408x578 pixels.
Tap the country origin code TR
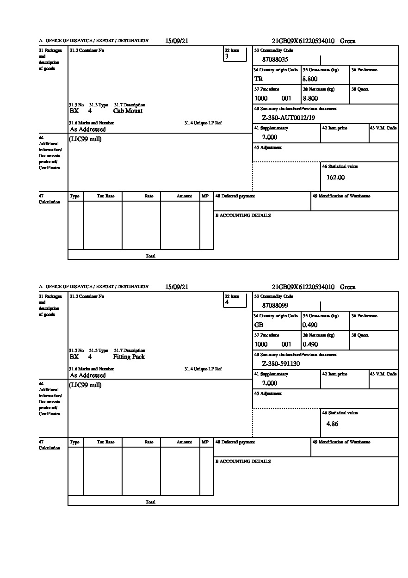click(259, 79)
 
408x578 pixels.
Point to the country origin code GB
click(259, 325)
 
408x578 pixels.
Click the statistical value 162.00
click(335, 178)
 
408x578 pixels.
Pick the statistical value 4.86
click(332, 424)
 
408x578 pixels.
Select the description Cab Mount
click(128, 111)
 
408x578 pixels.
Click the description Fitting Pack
click(129, 357)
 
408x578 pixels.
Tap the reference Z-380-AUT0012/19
click(288, 118)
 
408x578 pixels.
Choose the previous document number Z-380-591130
click(281, 364)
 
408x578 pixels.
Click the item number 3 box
click(235, 54)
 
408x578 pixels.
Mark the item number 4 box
click(235, 300)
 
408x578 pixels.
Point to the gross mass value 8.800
click(310, 79)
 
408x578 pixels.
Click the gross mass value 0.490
click(310, 325)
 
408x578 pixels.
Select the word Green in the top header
click(348, 41)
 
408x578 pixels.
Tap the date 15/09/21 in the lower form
click(177, 287)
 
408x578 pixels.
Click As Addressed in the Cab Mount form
click(87, 130)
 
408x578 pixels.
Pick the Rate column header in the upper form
click(148, 196)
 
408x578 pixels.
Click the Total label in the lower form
click(150, 502)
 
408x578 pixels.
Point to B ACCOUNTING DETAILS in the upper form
click(243, 215)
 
